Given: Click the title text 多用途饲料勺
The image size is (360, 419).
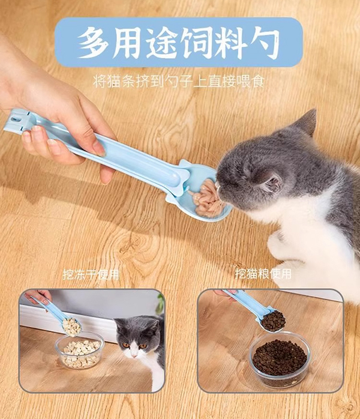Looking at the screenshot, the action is tap(178, 43).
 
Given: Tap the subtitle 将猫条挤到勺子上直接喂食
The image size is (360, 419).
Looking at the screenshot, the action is tap(179, 81).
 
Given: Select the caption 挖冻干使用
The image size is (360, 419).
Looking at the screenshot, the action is tap(91, 274).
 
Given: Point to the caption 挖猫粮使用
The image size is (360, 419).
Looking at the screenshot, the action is tap(263, 274).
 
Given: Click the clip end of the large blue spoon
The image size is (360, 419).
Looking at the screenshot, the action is tap(17, 120).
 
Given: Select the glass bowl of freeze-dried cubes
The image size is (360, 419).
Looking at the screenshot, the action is tap(80, 351).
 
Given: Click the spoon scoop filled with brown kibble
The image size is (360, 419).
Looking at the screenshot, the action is tap(273, 321).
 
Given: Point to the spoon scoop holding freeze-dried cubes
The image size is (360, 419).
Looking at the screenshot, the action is tap(71, 327).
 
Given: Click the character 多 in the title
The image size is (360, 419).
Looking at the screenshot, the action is tap(93, 43).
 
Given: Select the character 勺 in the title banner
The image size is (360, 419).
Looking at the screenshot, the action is tap(263, 43).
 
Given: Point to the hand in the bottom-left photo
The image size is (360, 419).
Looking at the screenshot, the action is tap(40, 296).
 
